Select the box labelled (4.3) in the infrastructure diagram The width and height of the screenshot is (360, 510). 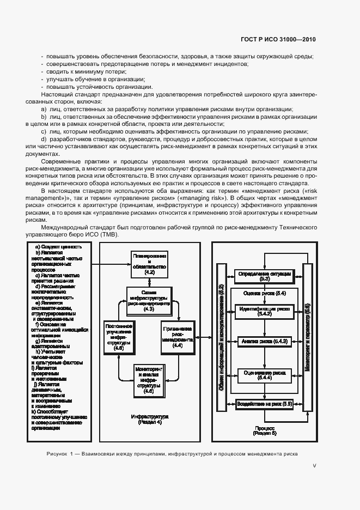tap(149, 300)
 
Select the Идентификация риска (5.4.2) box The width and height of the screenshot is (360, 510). tap(264, 311)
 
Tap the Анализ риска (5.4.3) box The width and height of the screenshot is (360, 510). tap(264, 342)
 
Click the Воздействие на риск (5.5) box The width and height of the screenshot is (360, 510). tap(264, 404)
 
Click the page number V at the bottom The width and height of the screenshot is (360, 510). tap(314, 465)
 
